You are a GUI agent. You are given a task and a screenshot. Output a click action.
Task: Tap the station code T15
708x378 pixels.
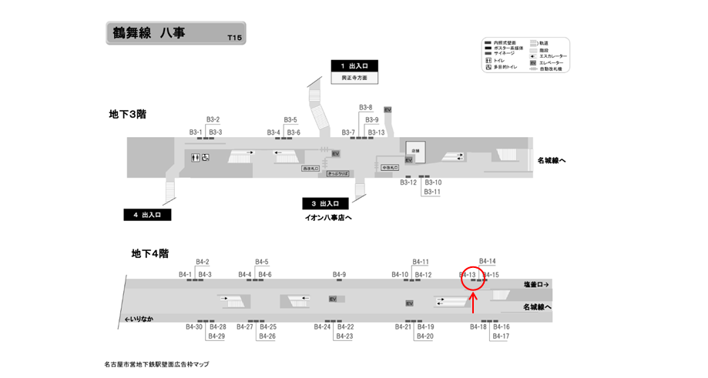pyautogui.click(x=234, y=37)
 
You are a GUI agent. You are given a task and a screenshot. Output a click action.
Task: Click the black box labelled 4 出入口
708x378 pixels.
pyautogui.click(x=147, y=215)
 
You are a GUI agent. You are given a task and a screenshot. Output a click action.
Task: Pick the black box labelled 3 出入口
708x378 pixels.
pyautogui.click(x=325, y=204)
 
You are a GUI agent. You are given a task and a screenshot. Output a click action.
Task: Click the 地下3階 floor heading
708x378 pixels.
pyautogui.click(x=128, y=114)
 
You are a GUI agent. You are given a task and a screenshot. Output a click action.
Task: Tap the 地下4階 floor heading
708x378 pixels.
pyautogui.click(x=150, y=253)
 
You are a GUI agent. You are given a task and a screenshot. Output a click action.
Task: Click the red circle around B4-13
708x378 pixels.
pyautogui.click(x=473, y=277)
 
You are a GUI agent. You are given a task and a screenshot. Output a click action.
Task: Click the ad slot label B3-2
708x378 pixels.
pyautogui.click(x=213, y=119)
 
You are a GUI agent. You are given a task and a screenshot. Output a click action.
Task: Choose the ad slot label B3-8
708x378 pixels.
pyautogui.click(x=366, y=108)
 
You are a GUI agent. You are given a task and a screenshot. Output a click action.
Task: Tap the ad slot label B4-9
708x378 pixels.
pyautogui.click(x=339, y=275)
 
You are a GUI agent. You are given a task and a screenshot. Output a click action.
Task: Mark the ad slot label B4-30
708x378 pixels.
pyautogui.click(x=193, y=327)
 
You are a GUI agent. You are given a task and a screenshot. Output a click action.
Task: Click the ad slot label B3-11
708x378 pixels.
pyautogui.click(x=432, y=192)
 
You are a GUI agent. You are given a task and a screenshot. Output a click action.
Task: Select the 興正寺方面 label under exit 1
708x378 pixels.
pyautogui.click(x=354, y=78)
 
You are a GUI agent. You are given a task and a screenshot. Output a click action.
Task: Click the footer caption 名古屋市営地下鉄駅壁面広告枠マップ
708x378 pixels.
pyautogui.click(x=156, y=364)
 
